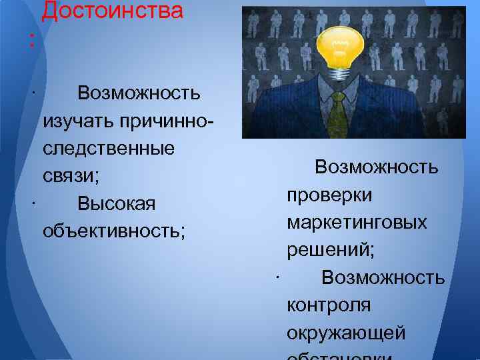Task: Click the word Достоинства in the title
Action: [x=112, y=11]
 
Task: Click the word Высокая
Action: [x=117, y=203]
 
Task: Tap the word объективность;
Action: [x=114, y=231]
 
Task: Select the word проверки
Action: [x=329, y=195]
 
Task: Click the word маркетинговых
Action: [x=357, y=223]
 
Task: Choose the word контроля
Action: [x=329, y=305]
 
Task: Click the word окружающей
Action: [x=346, y=332]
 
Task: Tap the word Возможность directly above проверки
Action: [x=377, y=167]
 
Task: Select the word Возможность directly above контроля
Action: [x=383, y=277]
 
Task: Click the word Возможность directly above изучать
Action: [x=139, y=93]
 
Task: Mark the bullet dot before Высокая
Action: [x=33, y=201]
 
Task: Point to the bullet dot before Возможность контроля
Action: [x=276, y=275]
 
